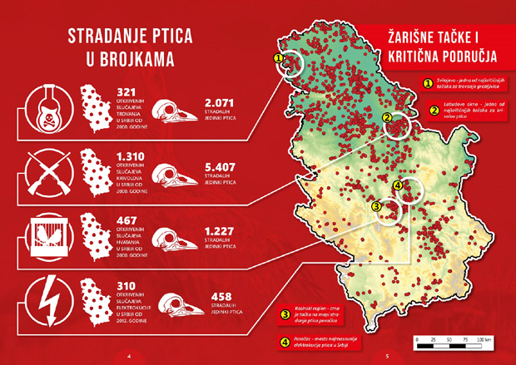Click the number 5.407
[220, 166]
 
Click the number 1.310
[133, 156]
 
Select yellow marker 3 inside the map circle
[377, 206]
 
